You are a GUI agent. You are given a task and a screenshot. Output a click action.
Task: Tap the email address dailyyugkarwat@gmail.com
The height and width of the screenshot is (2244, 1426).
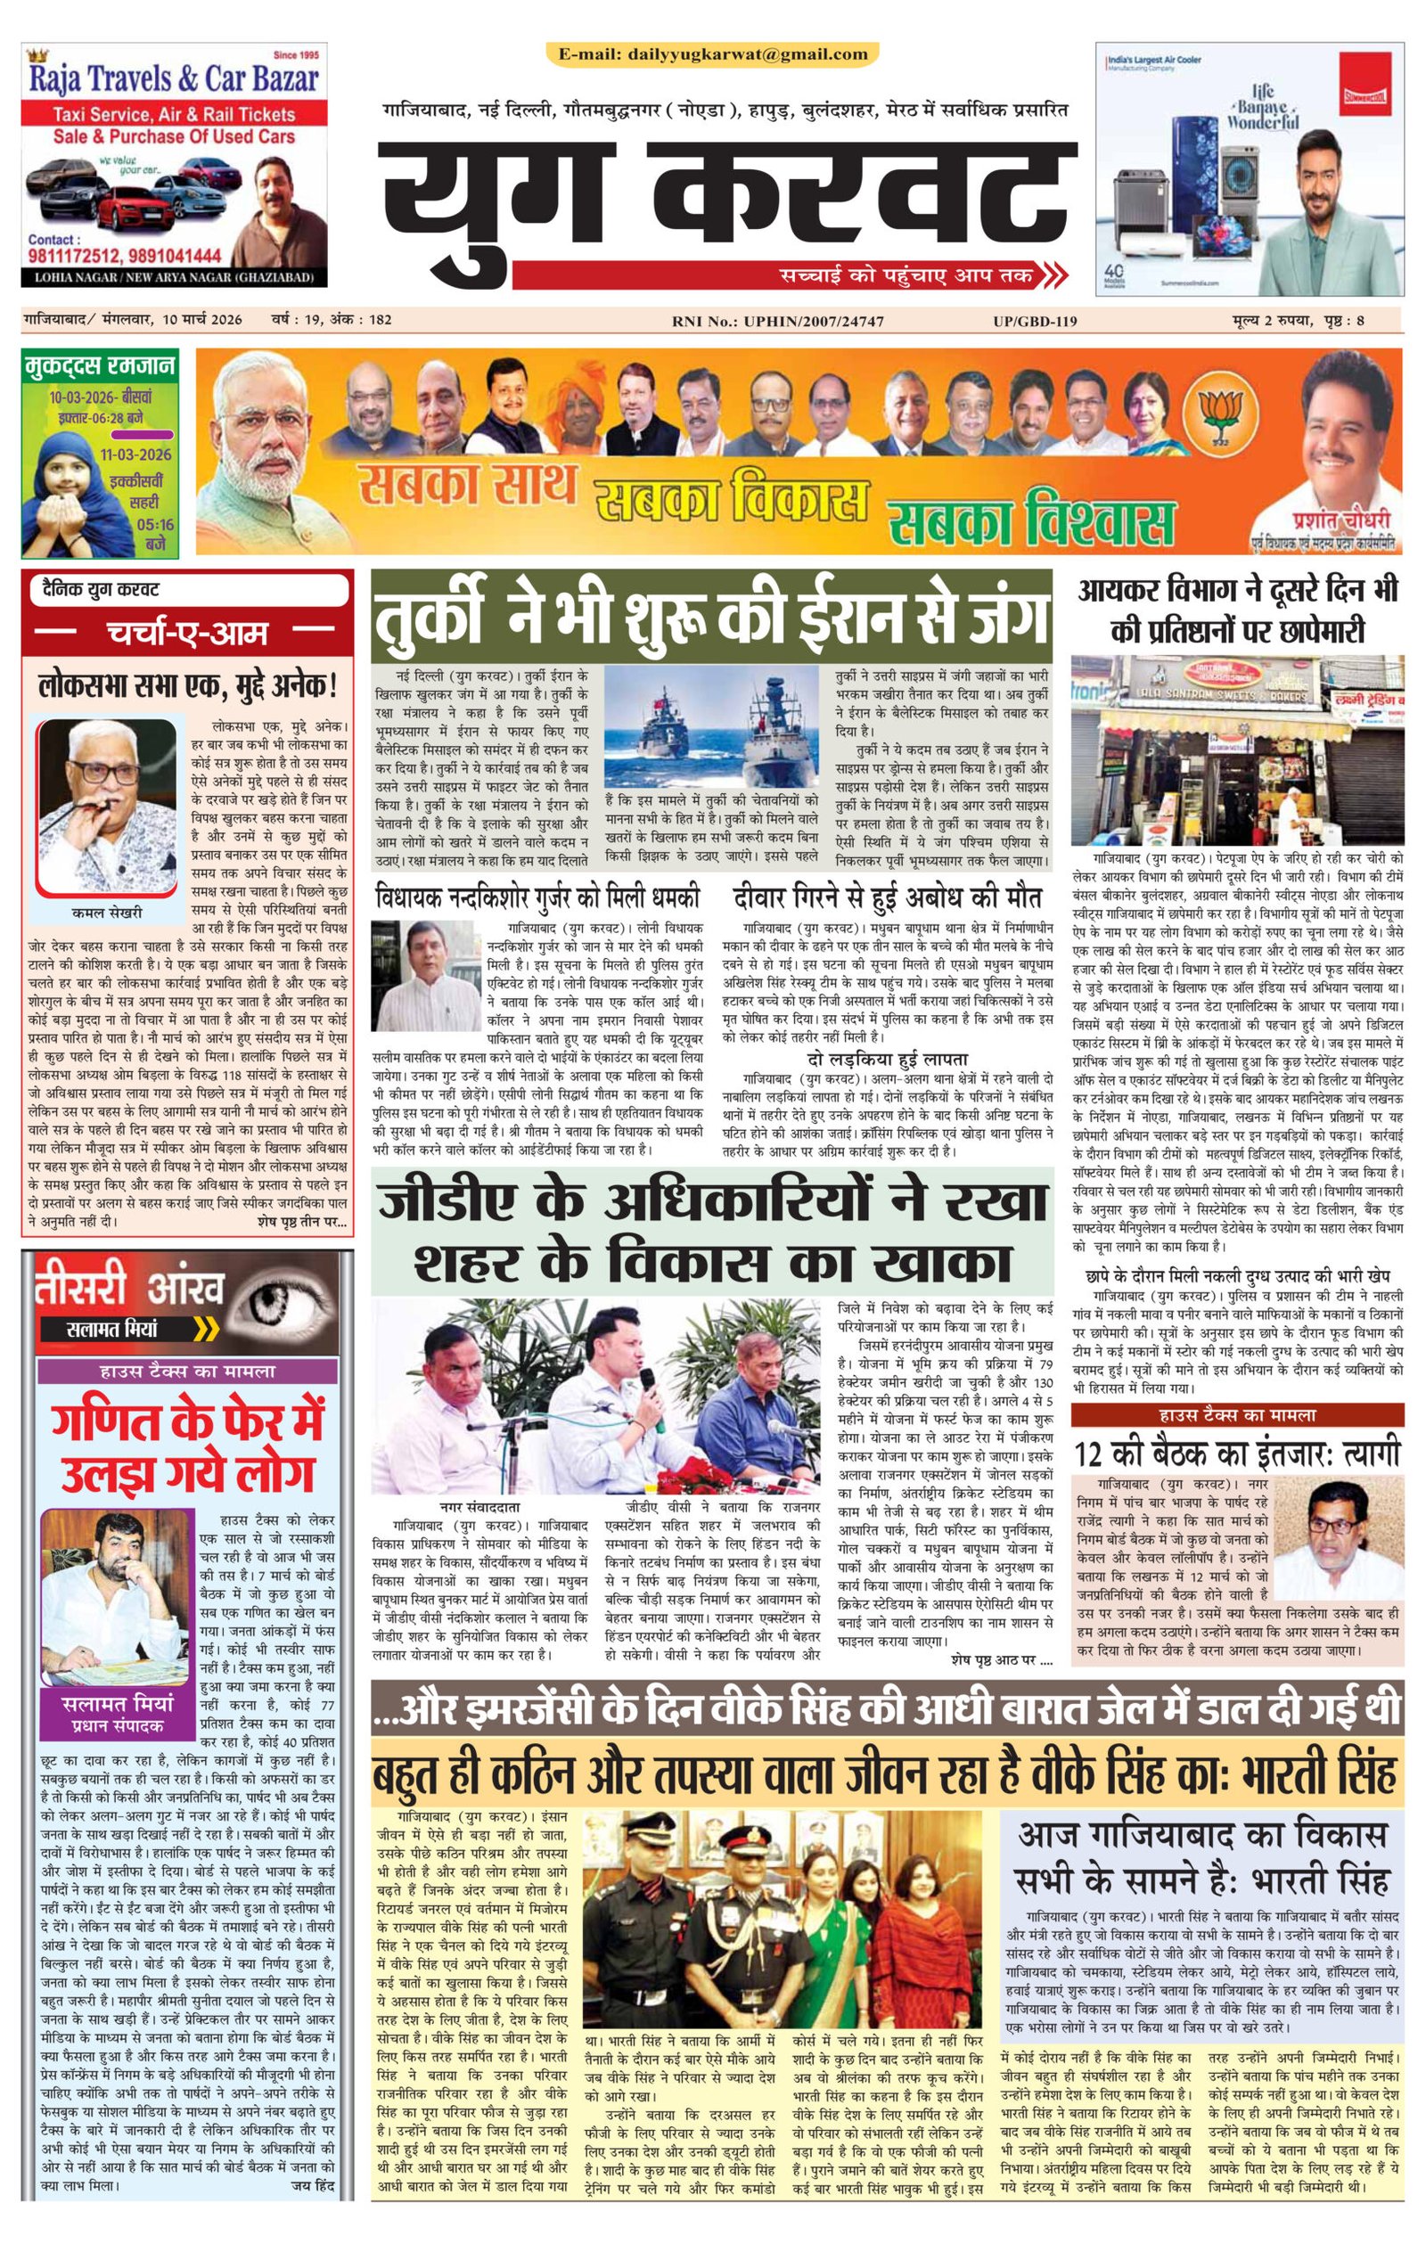click(x=713, y=54)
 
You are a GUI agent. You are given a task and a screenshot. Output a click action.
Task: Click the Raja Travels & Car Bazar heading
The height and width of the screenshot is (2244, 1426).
click(x=175, y=79)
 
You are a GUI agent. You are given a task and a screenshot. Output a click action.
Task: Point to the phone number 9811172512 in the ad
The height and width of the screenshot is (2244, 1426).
click(x=78, y=256)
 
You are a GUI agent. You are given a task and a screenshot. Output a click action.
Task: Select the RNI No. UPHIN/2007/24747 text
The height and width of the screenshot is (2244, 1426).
click(x=777, y=321)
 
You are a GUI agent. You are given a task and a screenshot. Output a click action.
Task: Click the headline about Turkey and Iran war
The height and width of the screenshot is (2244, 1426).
click(x=712, y=617)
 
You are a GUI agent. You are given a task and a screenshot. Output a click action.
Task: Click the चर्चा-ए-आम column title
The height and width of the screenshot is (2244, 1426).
click(x=187, y=635)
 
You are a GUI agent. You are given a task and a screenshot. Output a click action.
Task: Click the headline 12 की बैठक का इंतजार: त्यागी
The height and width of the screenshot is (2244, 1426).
click(x=1236, y=1453)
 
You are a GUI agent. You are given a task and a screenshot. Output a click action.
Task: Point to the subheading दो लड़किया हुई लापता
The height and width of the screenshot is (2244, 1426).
click(x=887, y=1060)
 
